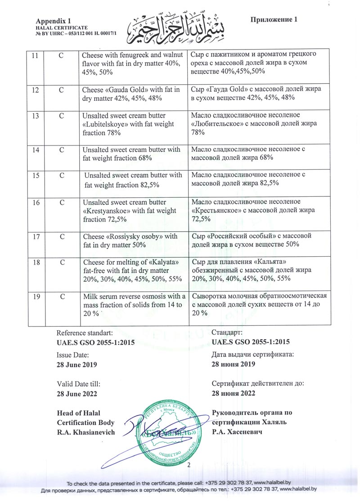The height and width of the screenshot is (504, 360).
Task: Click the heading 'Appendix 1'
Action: (54, 21)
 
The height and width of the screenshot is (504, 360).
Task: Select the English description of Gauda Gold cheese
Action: (132, 94)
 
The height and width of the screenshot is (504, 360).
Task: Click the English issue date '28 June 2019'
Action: (77, 364)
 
